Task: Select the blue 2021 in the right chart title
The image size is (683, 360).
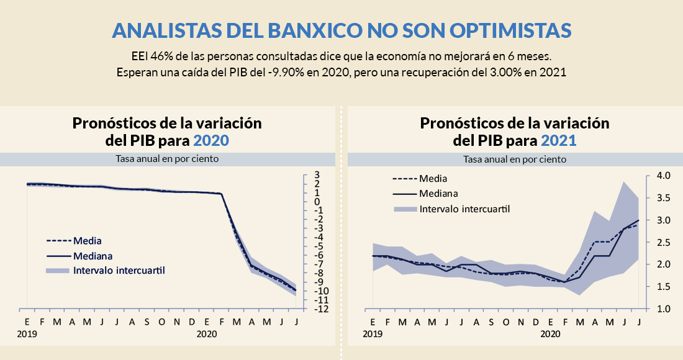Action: coord(558,140)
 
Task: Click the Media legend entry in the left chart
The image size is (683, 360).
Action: coord(88,240)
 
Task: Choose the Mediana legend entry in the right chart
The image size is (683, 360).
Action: coord(438,193)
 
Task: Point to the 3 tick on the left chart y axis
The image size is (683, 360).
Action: coord(317,175)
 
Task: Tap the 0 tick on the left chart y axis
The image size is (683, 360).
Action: coord(317,202)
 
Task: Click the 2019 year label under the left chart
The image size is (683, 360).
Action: coord(27,334)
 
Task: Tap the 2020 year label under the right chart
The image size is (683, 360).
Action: coord(551,334)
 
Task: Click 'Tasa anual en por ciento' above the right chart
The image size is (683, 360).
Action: coord(515,159)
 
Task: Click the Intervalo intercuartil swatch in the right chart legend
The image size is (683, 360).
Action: coord(404,209)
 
